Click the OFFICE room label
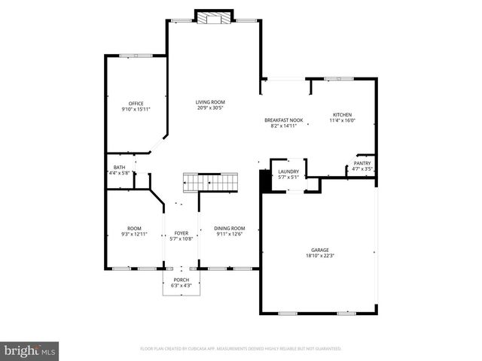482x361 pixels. tap(136, 104)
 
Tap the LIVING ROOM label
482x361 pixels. tap(210, 102)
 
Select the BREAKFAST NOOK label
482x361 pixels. tap(283, 120)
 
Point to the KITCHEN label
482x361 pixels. tap(343, 114)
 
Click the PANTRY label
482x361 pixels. tap(362, 163)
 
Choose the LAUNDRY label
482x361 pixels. tap(288, 171)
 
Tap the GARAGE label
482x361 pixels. tap(320, 250)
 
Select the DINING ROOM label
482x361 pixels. tap(230, 228)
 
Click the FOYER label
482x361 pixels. tap(182, 233)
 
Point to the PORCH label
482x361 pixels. tap(182, 280)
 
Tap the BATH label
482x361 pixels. tap(120, 167)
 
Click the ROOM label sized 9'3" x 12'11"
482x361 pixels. tap(134, 228)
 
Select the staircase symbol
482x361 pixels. tap(211, 182)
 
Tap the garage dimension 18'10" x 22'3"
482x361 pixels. tap(320, 256)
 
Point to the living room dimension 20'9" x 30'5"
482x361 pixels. tap(210, 108)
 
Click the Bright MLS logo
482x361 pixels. tap(29, 350)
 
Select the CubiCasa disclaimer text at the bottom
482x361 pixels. tap(241, 349)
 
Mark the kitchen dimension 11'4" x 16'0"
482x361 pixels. tap(343, 120)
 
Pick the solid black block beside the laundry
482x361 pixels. tap(264, 180)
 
